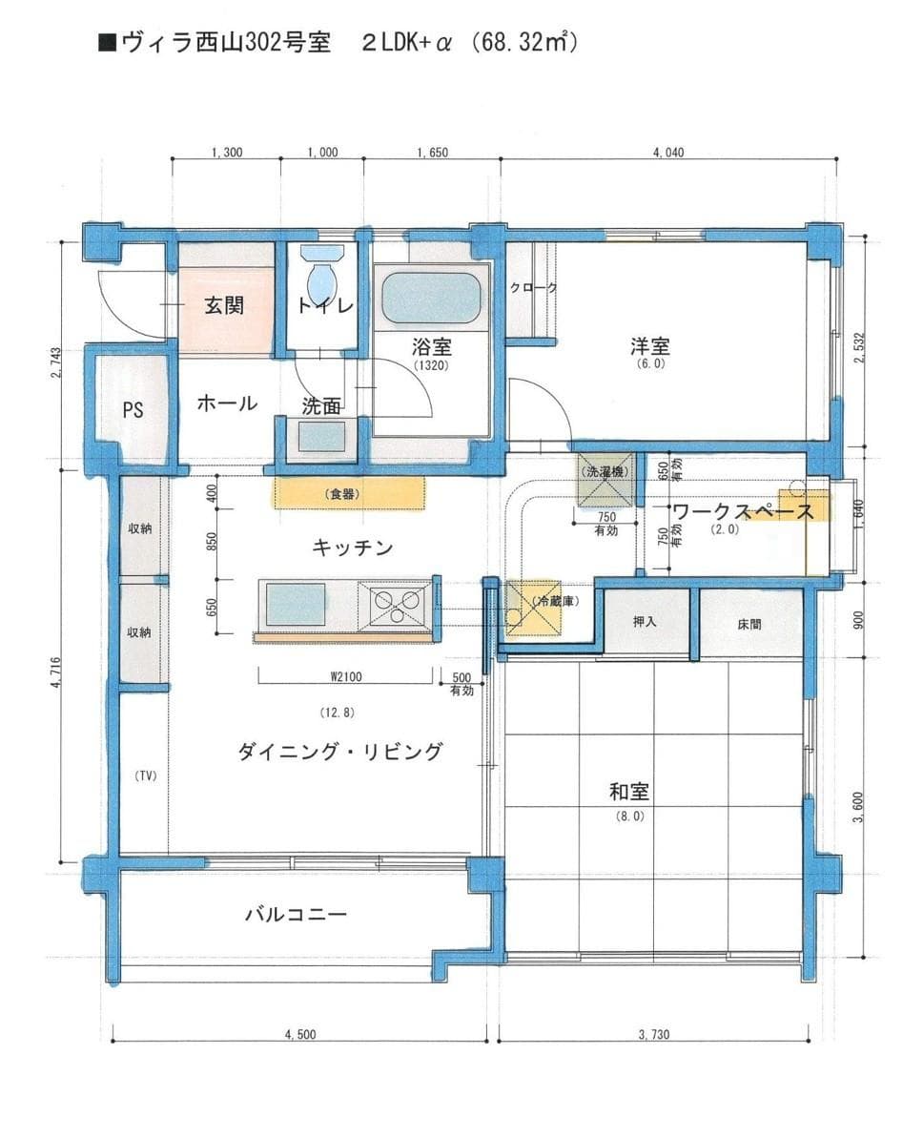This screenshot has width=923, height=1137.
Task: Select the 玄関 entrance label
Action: (x=224, y=306)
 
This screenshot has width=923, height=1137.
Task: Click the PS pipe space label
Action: (x=133, y=410)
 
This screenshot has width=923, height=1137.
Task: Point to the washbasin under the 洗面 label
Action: (x=321, y=437)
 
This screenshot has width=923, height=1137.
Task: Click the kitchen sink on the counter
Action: (x=296, y=605)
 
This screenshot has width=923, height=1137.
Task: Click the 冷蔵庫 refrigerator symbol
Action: (x=535, y=608)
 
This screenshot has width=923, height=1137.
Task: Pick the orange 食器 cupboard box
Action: (x=349, y=493)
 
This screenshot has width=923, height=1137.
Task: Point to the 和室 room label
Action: (x=629, y=792)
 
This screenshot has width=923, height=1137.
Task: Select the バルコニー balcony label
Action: (x=296, y=915)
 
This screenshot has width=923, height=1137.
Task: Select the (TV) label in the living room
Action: (x=144, y=775)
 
